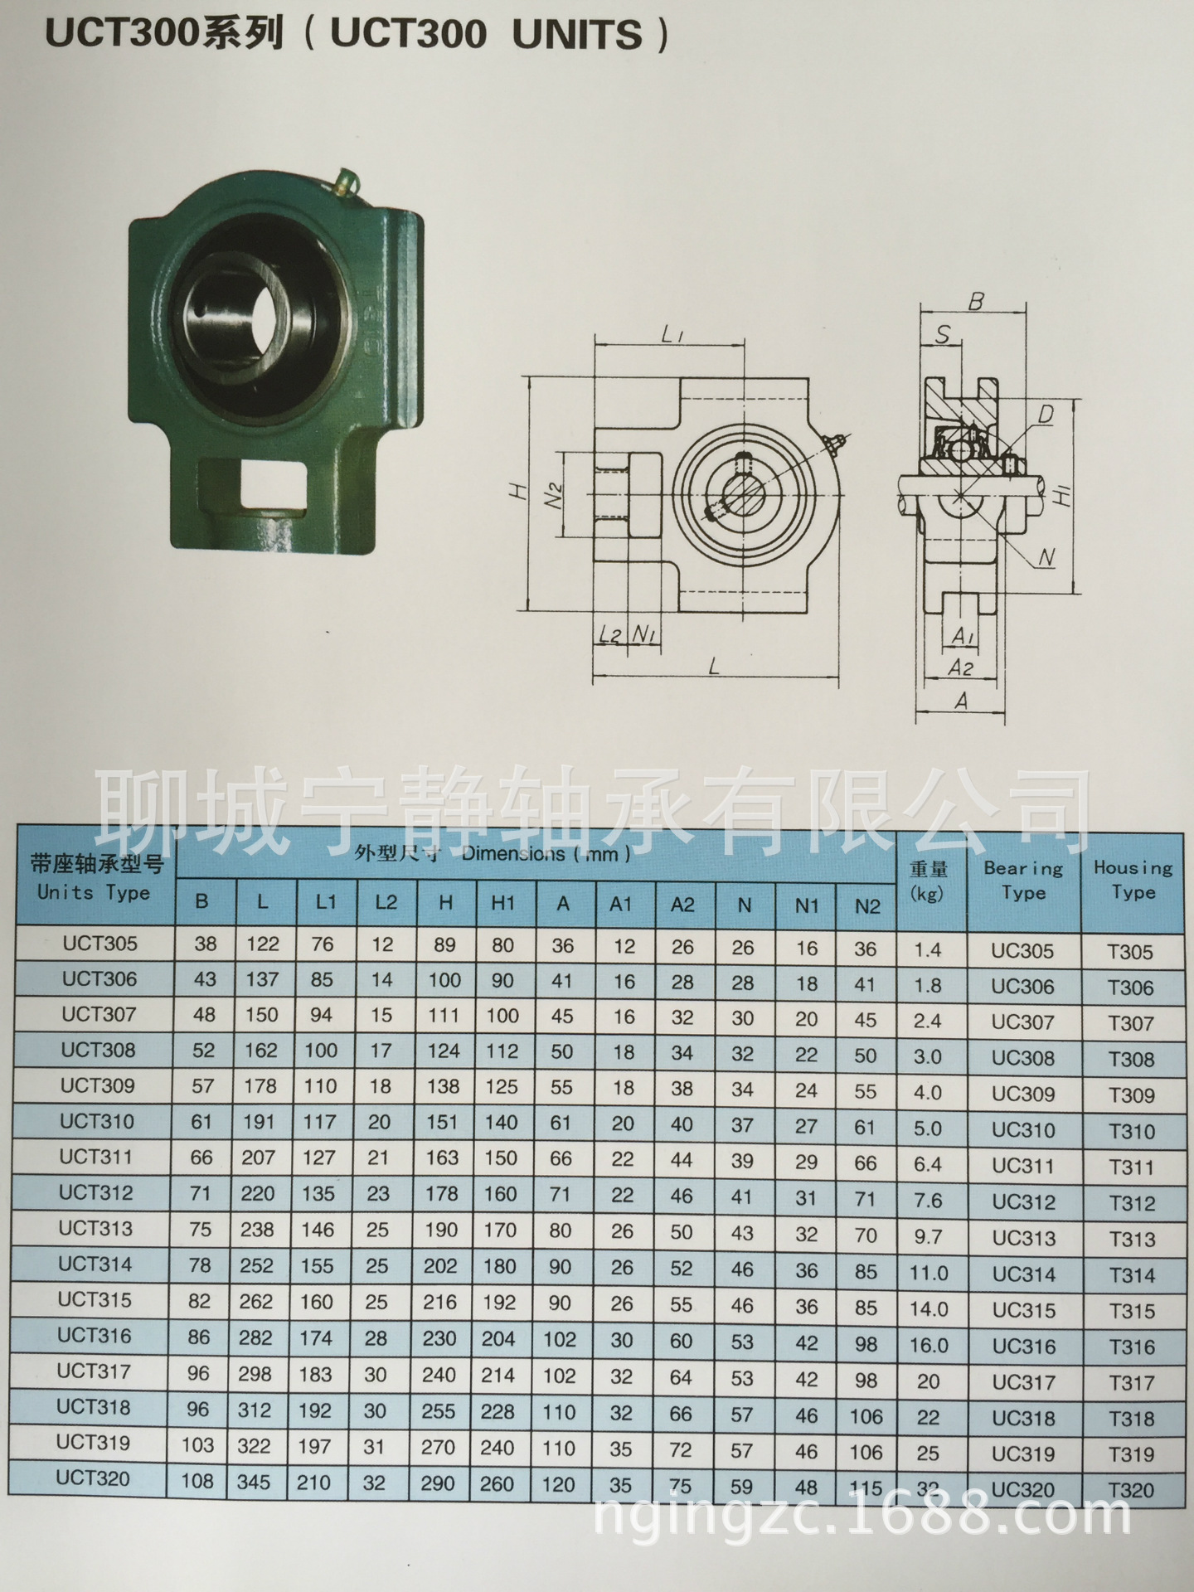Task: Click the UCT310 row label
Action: tap(96, 1122)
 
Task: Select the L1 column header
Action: tap(326, 902)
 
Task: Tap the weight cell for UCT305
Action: tap(928, 949)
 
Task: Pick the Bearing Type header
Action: tap(1023, 881)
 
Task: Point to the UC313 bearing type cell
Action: tap(1024, 1238)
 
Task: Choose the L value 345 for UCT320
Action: tap(254, 1482)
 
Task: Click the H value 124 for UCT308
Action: tap(444, 1051)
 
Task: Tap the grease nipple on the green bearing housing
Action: tap(347, 181)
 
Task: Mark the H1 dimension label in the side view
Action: tap(1065, 495)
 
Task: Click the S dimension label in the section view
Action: tap(943, 334)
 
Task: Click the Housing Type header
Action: tap(1133, 880)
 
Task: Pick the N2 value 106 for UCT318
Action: tap(866, 1417)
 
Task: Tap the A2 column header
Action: tap(682, 905)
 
